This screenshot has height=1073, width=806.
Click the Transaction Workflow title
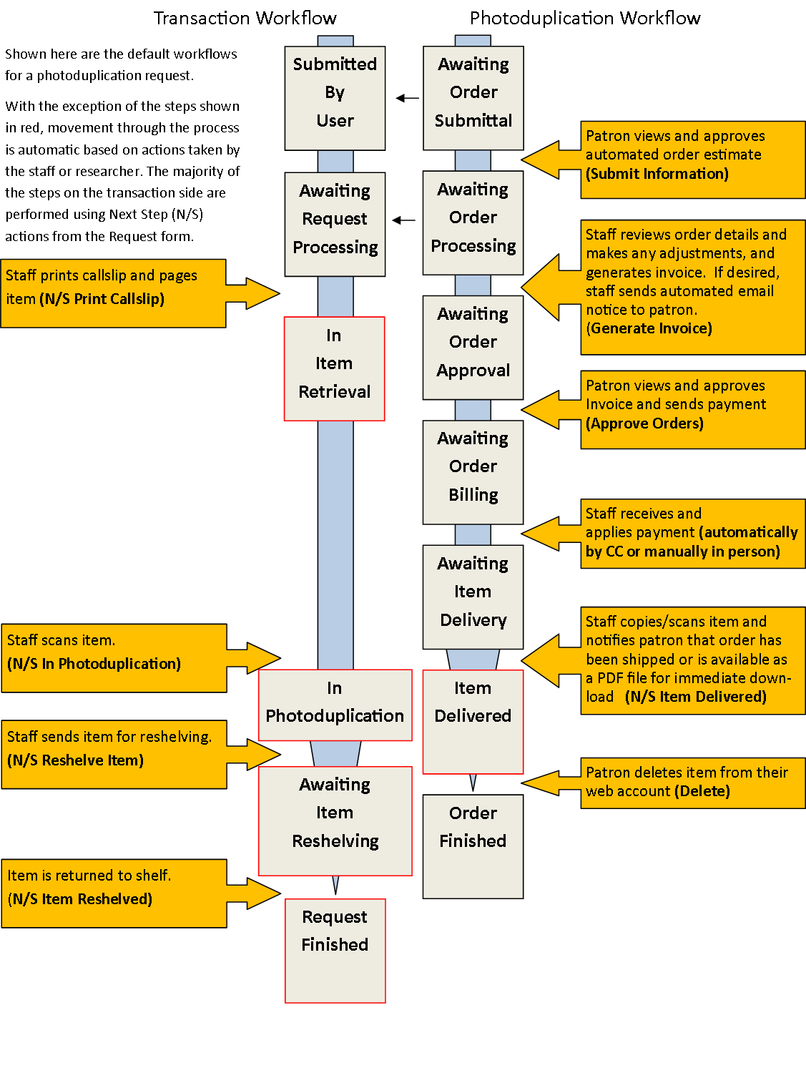pyautogui.click(x=245, y=18)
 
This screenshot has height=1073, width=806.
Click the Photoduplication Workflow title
pyautogui.click(x=584, y=18)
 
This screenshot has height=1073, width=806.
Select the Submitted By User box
pyautogui.click(x=335, y=98)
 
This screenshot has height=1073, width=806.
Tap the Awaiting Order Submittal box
pyautogui.click(x=473, y=98)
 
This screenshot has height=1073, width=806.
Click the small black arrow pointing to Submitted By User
pyautogui.click(x=407, y=98)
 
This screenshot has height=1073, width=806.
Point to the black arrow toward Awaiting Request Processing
pyautogui.click(x=403, y=220)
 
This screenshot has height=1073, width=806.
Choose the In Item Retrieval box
pyautogui.click(x=334, y=368)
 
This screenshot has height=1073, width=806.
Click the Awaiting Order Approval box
pyautogui.click(x=473, y=347)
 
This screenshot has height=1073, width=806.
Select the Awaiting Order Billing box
pyautogui.click(x=473, y=472)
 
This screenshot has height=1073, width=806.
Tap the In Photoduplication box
pyautogui.click(x=335, y=705)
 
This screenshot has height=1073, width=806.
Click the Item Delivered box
pyautogui.click(x=473, y=721)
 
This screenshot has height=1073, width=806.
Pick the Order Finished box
pyautogui.click(x=473, y=846)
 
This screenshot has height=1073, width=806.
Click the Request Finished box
pyautogui.click(x=335, y=950)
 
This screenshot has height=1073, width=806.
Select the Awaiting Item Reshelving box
pyautogui.click(x=335, y=820)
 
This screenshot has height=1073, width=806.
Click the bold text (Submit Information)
pyautogui.click(x=657, y=174)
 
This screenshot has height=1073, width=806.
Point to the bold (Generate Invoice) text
pyautogui.click(x=649, y=328)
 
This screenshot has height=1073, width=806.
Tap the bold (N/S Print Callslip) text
pyautogui.click(x=102, y=299)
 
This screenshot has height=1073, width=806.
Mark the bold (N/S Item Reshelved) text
pyautogui.click(x=80, y=899)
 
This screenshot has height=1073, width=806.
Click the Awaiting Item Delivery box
pyautogui.click(x=473, y=597)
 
